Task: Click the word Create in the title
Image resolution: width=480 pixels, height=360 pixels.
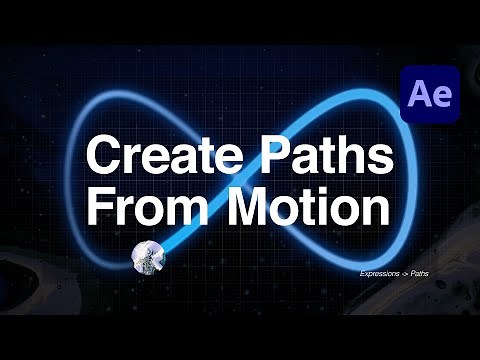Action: (x=151, y=156)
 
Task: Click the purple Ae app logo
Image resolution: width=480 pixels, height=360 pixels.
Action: (x=429, y=95)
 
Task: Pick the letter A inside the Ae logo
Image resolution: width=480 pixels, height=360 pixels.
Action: (x=419, y=96)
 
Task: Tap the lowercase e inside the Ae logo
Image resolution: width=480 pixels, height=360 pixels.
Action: (x=440, y=99)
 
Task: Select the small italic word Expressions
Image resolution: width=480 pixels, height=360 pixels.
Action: (x=380, y=273)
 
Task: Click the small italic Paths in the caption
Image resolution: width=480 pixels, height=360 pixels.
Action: (x=428, y=273)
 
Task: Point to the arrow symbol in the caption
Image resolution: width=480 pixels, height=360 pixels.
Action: (x=409, y=273)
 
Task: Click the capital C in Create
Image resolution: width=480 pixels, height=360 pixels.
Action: (x=102, y=156)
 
